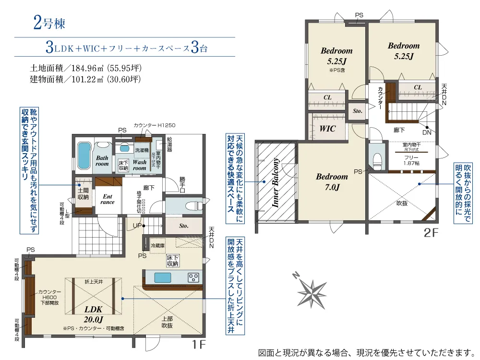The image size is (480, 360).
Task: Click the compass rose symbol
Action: (311, 290)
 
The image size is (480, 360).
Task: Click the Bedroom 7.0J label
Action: (331, 181)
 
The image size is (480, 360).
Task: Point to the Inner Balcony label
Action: (276, 182)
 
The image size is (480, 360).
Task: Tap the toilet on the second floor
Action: (377, 158)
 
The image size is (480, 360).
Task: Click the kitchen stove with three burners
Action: (193, 277)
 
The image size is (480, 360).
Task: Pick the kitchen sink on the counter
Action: (162, 277)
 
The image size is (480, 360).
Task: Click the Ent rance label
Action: (108, 199)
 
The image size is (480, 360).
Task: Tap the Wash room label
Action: (139, 166)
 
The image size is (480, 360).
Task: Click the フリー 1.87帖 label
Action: (411, 160)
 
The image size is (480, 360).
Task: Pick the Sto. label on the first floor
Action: (183, 226)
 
